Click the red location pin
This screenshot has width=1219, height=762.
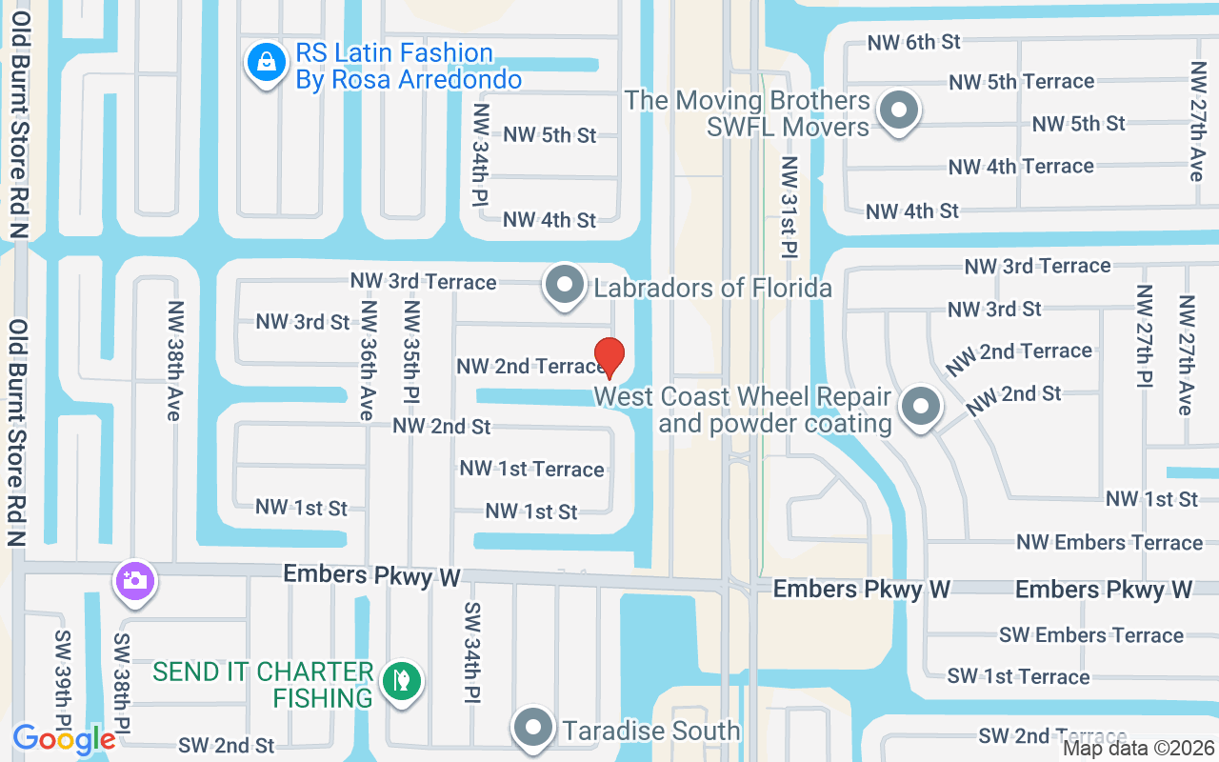pos(609,356)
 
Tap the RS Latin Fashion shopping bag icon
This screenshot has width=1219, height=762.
pos(269,63)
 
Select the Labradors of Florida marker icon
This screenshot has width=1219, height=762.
pos(565,285)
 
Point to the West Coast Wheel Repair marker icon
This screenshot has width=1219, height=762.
pos(920,407)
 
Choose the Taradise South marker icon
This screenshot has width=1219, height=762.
pos(533,729)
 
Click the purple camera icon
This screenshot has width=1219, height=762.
pos(135,580)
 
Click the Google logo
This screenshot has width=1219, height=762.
pos(64,738)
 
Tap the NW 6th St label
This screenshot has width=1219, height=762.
pos(913,42)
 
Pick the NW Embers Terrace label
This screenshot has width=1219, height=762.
pos(1109,542)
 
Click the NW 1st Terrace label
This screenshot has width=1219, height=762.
pos(531,469)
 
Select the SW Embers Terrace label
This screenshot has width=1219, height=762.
pos(1091,634)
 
